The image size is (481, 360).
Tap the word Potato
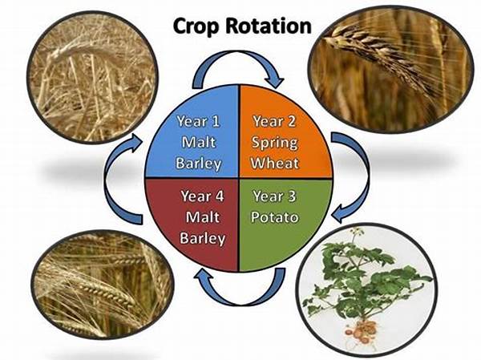(x=275, y=216)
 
